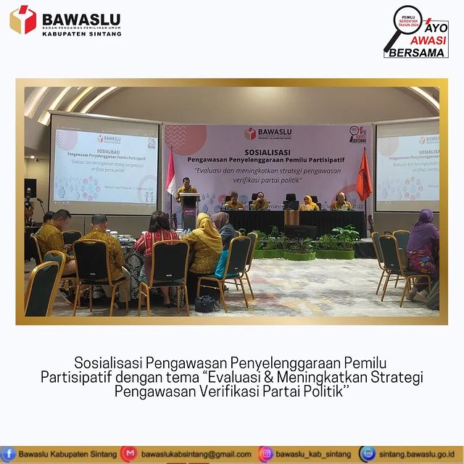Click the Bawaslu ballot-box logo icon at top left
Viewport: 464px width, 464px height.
(x=22, y=20)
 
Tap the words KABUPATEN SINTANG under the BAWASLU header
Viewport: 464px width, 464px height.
(x=82, y=33)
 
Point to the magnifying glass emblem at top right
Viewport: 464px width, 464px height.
(x=401, y=26)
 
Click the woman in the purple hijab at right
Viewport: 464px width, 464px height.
(x=423, y=239)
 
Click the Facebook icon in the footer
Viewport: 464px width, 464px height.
(x=9, y=454)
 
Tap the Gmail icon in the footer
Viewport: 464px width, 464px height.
(x=128, y=454)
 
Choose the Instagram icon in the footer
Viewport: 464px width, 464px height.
(x=265, y=454)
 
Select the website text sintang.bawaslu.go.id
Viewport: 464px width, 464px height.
(x=416, y=455)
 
